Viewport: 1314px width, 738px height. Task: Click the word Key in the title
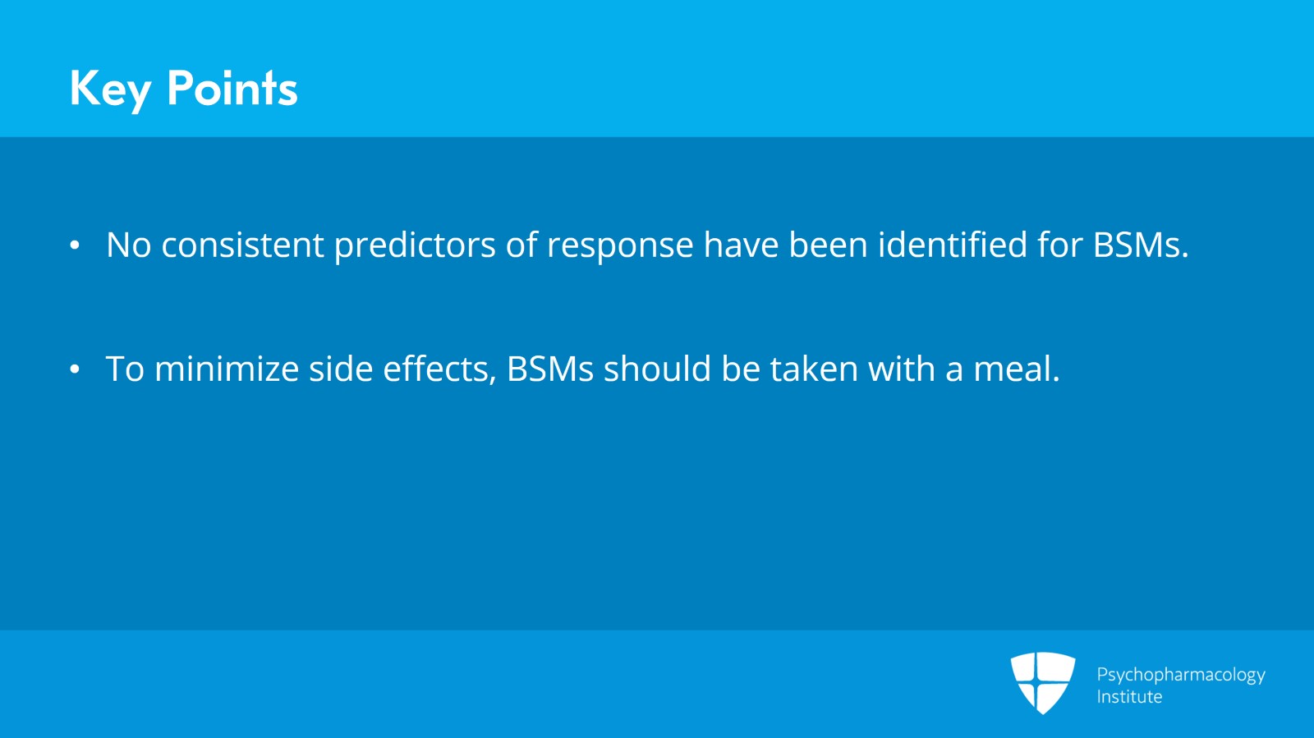tap(110, 89)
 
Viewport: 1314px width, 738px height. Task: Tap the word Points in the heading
tap(232, 89)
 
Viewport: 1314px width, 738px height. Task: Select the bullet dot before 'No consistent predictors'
tap(75, 245)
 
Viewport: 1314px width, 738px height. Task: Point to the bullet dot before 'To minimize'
tap(75, 369)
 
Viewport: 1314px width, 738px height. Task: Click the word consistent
tap(242, 245)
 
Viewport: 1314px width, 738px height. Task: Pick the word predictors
tap(415, 245)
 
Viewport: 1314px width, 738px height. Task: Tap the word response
tap(620, 245)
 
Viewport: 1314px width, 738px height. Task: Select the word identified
tap(952, 245)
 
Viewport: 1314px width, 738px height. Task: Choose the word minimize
tap(227, 369)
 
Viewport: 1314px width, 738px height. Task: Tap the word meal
tap(1016, 369)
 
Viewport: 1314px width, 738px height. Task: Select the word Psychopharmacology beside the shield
tap(1180, 675)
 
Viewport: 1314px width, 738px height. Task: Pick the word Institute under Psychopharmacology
tap(1129, 697)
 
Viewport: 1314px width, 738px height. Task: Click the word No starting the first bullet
tap(129, 245)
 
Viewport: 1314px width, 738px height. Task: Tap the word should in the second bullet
tap(657, 369)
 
